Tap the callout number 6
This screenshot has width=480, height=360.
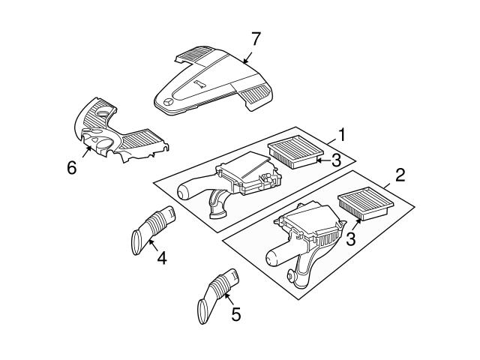coord(72,167)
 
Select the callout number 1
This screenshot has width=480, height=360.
coord(341,135)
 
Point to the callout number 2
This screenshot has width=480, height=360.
coord(400,175)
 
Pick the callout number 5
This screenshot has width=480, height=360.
coord(235,315)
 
